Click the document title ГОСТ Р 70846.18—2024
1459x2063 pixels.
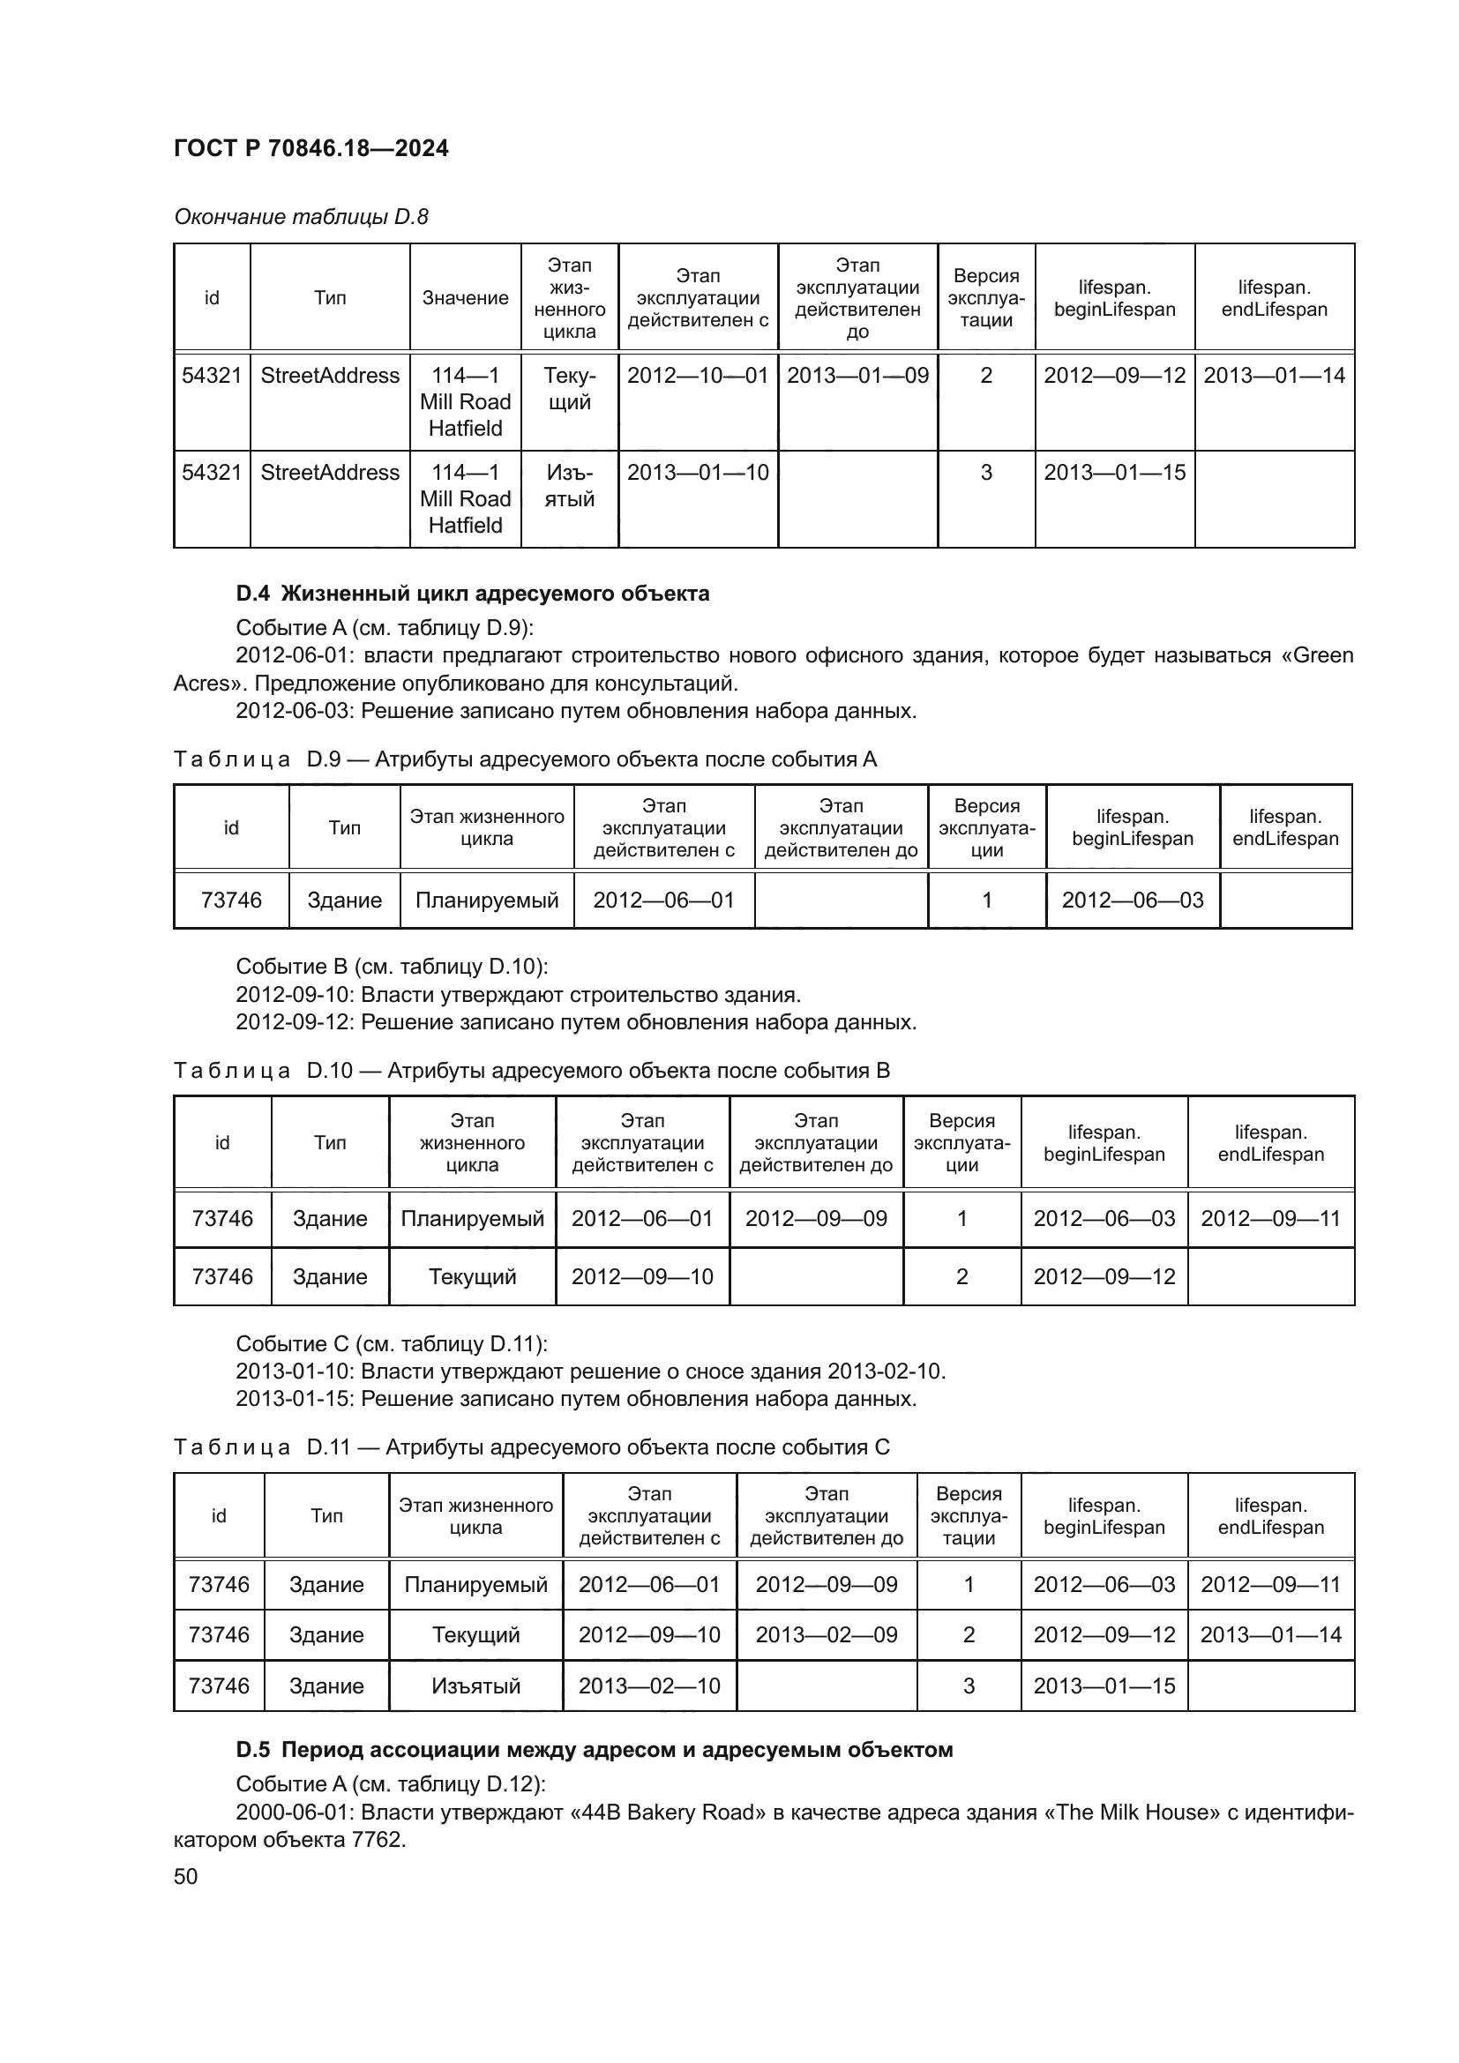click(311, 149)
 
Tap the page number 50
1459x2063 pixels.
click(185, 1876)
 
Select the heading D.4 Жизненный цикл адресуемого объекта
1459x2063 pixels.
click(473, 593)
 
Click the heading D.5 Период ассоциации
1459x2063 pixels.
click(594, 1749)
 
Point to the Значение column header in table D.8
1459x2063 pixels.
click(466, 298)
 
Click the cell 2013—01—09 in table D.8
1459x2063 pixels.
click(857, 376)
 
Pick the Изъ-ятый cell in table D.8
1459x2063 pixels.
click(569, 486)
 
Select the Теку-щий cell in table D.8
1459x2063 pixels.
click(569, 389)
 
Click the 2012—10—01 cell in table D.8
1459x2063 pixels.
click(697, 376)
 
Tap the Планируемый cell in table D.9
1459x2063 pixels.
click(486, 901)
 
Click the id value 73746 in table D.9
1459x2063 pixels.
click(231, 901)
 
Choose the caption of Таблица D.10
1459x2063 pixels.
click(531, 1071)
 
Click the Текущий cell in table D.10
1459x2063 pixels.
click(472, 1277)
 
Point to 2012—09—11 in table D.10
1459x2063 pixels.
click(1269, 1218)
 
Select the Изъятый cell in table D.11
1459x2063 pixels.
click(475, 1686)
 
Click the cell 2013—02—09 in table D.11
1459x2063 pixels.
click(826, 1635)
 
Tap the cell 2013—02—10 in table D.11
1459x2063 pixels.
click(648, 1686)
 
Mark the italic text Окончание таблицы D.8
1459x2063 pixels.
click(301, 218)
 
